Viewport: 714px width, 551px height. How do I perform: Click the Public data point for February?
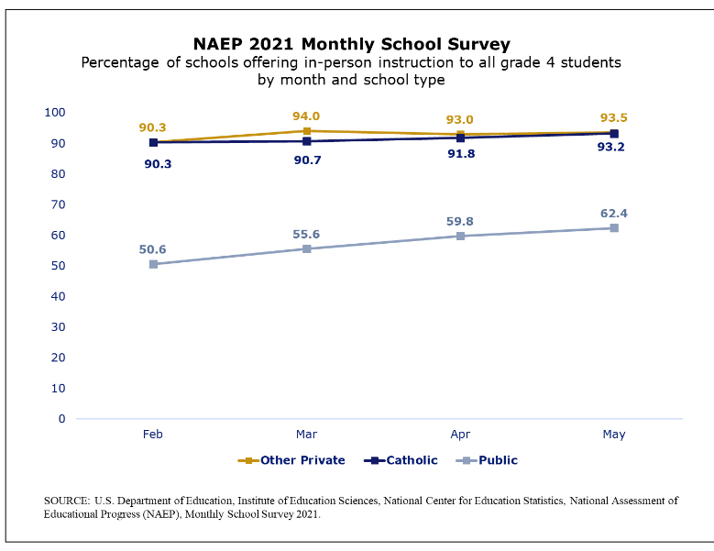tap(153, 264)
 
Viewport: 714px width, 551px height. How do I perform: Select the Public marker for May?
tap(614, 227)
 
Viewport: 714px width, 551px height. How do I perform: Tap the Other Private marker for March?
tap(307, 131)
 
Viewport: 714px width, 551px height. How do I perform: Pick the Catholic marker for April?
tap(460, 138)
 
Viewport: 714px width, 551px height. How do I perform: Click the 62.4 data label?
tap(614, 214)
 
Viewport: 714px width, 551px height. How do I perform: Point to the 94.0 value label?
tap(306, 116)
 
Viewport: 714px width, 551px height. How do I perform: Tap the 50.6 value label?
tap(153, 249)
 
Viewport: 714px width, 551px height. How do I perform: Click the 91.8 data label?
tap(460, 154)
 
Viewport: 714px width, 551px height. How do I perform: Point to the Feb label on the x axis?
tap(153, 435)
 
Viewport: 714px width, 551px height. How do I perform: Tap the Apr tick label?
tap(460, 435)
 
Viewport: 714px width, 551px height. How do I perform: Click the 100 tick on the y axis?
tap(55, 112)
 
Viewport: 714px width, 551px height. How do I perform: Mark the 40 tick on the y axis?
tap(58, 296)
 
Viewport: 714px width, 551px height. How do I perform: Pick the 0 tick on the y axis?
tap(61, 419)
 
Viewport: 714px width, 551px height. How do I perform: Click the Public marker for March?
tap(307, 248)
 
